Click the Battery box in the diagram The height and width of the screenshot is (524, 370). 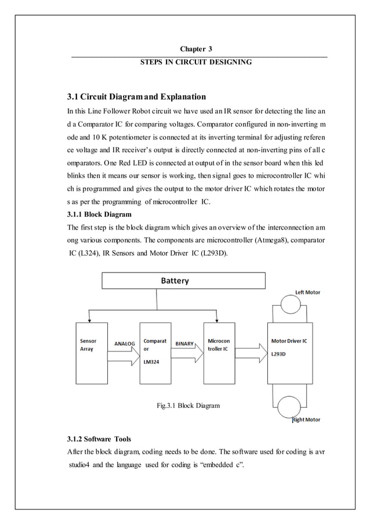[x=183, y=281]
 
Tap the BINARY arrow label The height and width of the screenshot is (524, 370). [x=184, y=344]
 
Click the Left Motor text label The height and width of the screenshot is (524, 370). [x=307, y=292]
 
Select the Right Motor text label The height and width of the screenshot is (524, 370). [x=306, y=419]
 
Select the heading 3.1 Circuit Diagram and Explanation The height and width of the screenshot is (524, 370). [x=137, y=96]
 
